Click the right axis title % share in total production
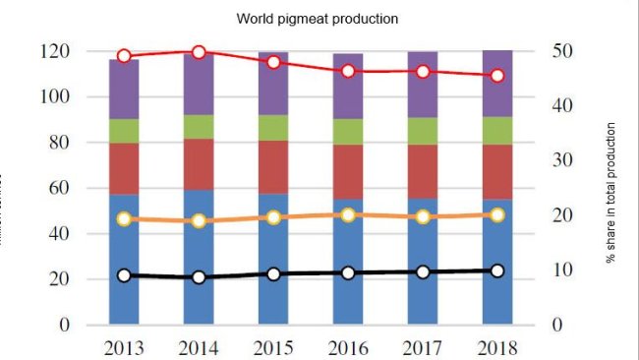pos(610,193)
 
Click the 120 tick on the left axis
pos(56,51)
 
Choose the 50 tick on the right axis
pos(558,51)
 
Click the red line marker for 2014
pos(199,52)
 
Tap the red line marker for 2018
pos(497,76)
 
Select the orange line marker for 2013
pos(124,218)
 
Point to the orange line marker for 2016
pos(348,214)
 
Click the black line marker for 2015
pos(273,274)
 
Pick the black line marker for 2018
pos(497,270)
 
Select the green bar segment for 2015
pos(273,128)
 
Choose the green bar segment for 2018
pos(497,131)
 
